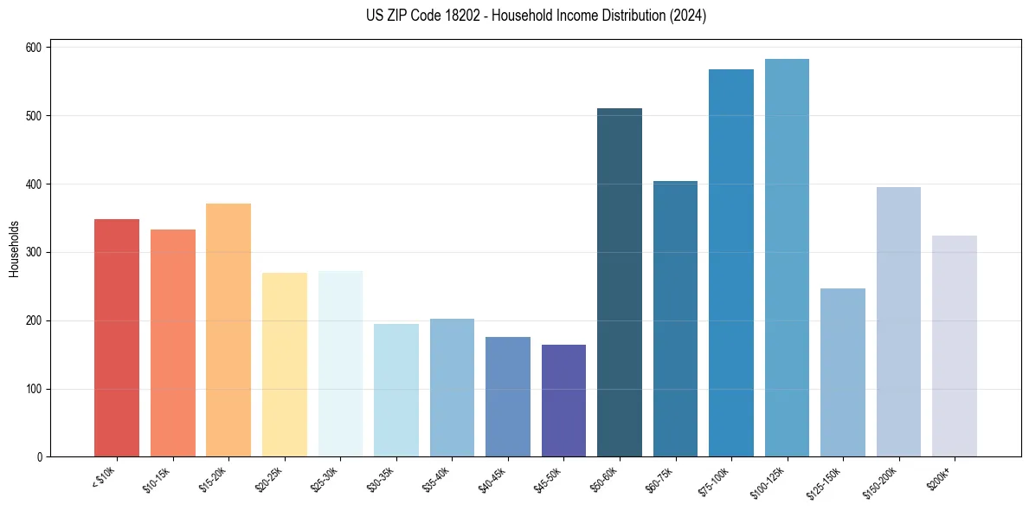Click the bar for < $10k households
click(x=117, y=338)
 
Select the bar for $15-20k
click(x=228, y=330)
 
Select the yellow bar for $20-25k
click(x=285, y=365)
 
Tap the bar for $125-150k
click(x=843, y=372)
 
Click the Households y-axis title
click(x=14, y=249)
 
